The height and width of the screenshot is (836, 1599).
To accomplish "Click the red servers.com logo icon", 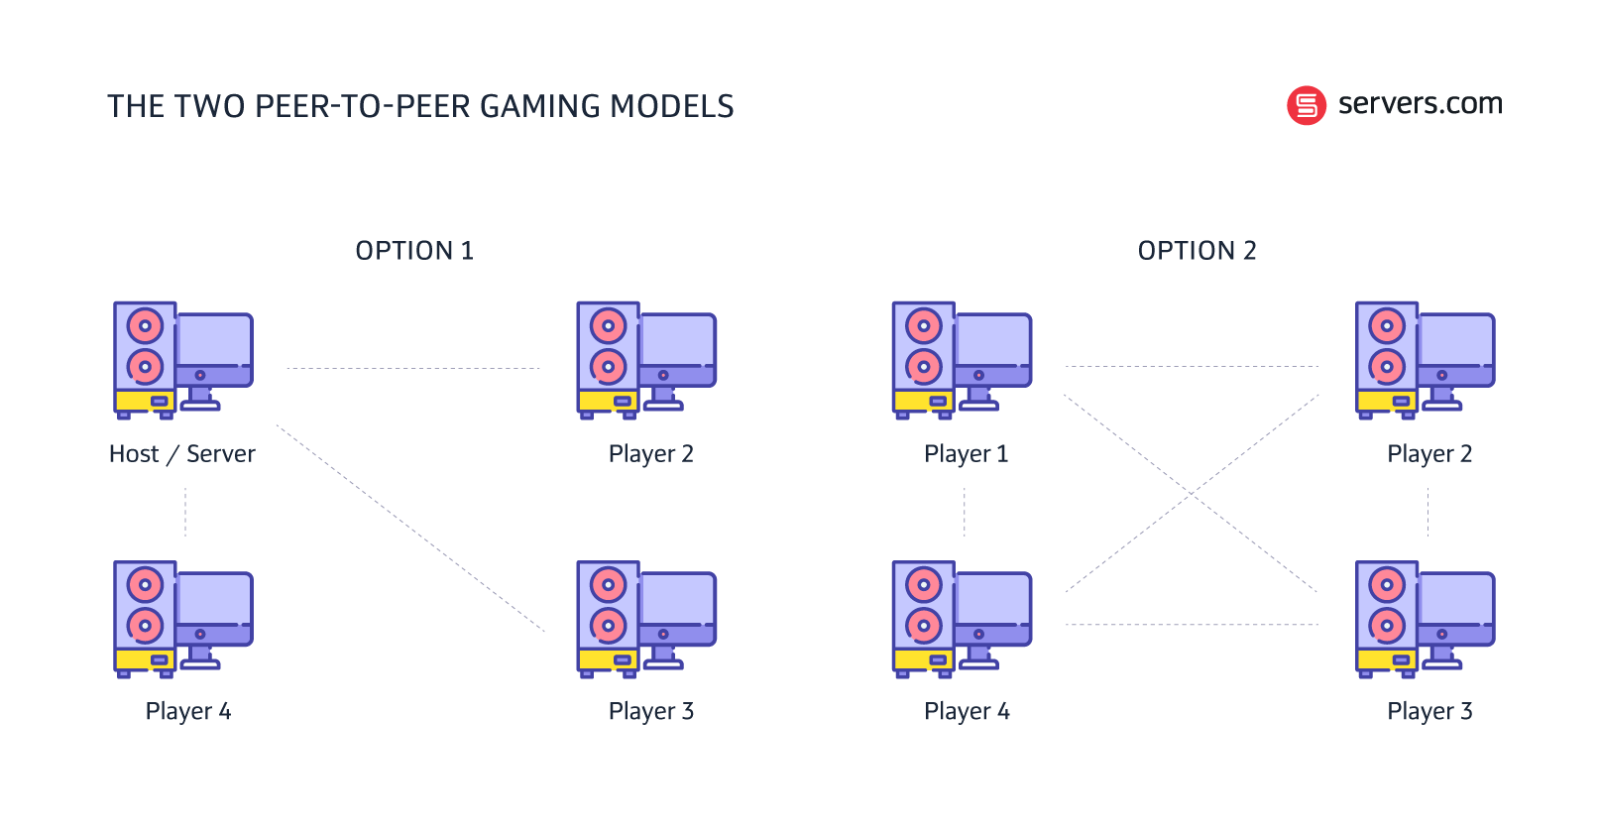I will click(1306, 105).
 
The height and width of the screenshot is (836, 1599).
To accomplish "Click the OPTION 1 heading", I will click(414, 251).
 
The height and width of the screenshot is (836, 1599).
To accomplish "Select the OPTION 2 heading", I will click(1197, 251).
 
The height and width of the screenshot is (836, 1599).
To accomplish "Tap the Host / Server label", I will click(182, 454).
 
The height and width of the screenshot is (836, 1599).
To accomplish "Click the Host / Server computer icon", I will click(183, 360).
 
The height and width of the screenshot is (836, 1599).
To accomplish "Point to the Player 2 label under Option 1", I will click(650, 454).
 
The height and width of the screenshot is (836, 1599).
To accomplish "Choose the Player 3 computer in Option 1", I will click(646, 619).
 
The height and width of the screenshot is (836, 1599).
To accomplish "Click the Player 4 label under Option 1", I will click(187, 711).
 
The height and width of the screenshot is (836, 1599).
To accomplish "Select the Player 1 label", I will click(966, 454).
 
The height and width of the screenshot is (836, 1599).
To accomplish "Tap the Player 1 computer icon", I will click(962, 360).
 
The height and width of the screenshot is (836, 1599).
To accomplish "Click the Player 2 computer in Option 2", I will click(1425, 360).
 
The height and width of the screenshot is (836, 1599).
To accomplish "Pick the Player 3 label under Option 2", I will click(1428, 711).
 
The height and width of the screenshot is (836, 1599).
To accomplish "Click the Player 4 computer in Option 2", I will click(962, 619).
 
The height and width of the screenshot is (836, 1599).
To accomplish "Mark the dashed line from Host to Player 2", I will click(413, 369).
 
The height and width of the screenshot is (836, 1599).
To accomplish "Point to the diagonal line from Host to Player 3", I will click(410, 529).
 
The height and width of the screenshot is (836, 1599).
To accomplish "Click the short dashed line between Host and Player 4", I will click(185, 512).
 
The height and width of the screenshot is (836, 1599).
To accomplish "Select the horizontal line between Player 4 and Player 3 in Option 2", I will click(1192, 625).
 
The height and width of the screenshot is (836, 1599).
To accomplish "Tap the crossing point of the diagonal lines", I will click(1192, 493).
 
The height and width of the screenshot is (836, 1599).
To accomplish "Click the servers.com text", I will click(1420, 103).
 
